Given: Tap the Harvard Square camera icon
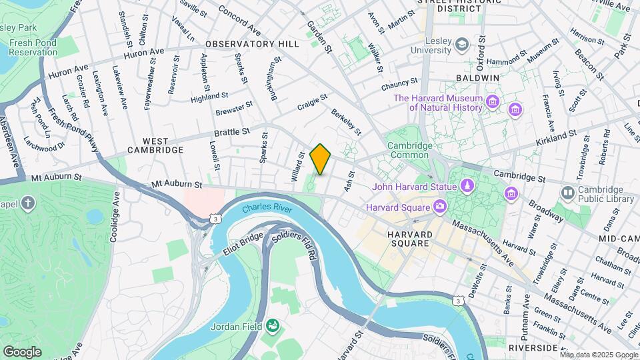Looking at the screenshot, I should [x=440, y=207].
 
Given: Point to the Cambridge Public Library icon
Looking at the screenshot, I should [x=568, y=193].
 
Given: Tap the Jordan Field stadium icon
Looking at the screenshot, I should [x=272, y=326].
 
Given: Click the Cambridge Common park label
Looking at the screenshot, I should [x=410, y=151].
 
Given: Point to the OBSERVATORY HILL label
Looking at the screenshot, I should [x=252, y=43].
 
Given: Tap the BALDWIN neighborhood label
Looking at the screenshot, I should [x=477, y=78].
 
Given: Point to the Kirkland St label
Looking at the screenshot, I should [x=555, y=136].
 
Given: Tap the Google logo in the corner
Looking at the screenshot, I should [x=22, y=351].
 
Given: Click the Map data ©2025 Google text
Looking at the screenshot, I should [x=598, y=355].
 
